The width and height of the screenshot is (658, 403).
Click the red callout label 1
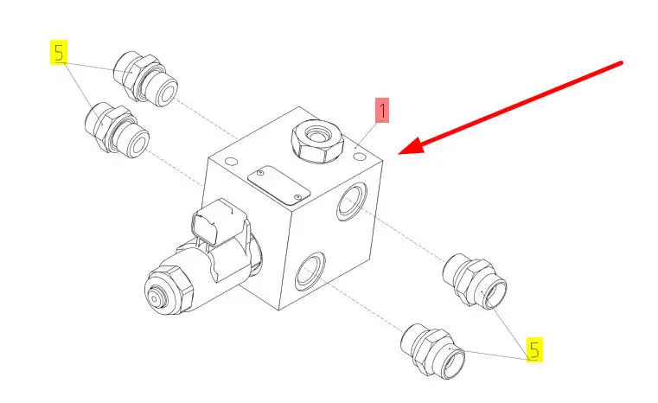click(382, 110)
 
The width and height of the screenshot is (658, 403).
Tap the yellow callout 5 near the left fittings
click(59, 53)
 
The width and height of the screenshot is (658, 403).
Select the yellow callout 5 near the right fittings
click(534, 349)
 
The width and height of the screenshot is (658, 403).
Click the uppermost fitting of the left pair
click(145, 79)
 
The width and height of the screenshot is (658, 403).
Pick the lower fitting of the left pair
click(117, 130)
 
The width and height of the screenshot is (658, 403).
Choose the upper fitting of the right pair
click(475, 281)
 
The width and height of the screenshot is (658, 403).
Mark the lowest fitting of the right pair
click(433, 351)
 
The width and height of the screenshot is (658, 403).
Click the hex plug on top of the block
click(317, 141)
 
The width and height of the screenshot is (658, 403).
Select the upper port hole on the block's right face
click(352, 201)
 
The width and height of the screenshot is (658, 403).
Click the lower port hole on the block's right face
click(310, 272)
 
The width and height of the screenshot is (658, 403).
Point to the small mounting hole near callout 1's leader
click(360, 157)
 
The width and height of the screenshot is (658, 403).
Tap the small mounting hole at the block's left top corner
click(231, 161)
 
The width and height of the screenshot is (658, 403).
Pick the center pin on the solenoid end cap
click(155, 299)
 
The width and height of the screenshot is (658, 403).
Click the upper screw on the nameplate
click(260, 173)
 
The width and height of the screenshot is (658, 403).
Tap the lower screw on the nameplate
click(297, 197)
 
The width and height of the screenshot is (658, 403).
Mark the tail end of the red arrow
click(622, 63)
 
